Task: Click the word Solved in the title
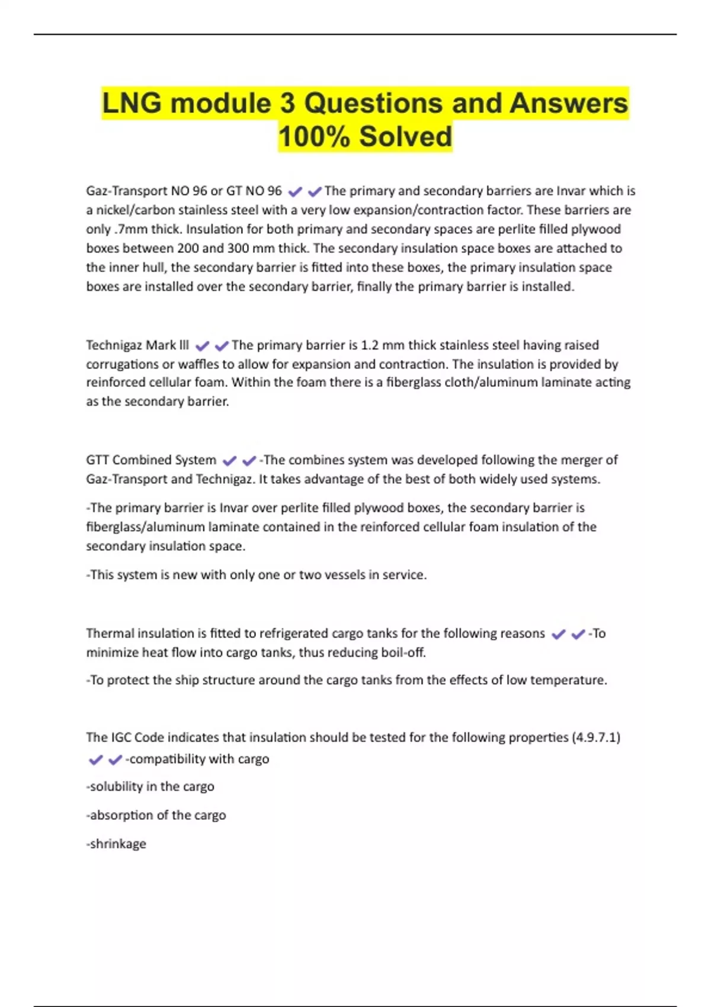(405, 137)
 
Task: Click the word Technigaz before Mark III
(113, 345)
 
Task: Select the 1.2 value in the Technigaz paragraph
(369, 345)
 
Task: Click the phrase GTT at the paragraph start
(97, 460)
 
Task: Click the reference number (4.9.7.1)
(596, 737)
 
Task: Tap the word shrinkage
(117, 844)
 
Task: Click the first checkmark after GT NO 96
(295, 191)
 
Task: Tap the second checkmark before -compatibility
(115, 759)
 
